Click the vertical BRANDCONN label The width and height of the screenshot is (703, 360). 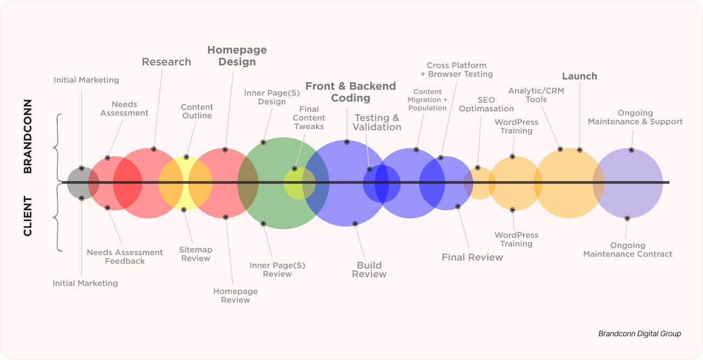pos(28,136)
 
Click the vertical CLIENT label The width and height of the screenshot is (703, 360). pos(28,216)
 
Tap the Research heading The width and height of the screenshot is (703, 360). pos(167,62)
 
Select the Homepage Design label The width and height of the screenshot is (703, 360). pos(237,56)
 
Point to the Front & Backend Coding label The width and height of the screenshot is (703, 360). pos(350,92)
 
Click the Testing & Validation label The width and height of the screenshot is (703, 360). pos(376,122)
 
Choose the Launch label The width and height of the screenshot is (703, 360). pos(579,76)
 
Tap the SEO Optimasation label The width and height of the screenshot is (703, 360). pos(486,104)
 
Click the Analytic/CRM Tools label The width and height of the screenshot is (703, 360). pos(536,95)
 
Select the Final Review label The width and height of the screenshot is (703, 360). pos(472,257)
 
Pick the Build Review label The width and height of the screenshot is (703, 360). pos(369,270)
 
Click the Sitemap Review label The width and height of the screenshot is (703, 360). pos(196,254)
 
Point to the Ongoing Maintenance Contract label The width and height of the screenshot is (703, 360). pos(627,250)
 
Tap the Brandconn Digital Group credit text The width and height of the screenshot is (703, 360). pos(640,334)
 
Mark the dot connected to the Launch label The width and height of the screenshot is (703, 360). pos(580,150)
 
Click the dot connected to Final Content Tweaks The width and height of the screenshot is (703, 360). pos(294,169)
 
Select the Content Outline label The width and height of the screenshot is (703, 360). pos(197,111)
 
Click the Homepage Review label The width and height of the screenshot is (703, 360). pos(235,296)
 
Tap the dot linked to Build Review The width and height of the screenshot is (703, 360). pos(355,224)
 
